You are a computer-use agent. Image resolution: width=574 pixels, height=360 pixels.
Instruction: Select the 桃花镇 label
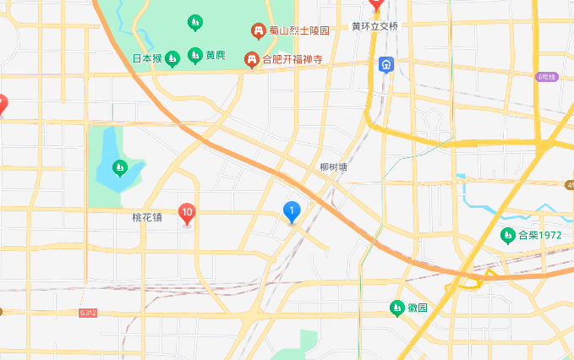click(148, 217)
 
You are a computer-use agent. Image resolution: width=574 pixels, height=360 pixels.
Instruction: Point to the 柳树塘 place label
click(334, 167)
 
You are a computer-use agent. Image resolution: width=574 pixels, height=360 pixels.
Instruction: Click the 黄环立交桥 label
click(374, 26)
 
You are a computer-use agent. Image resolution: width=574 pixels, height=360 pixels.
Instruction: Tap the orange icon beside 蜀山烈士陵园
click(259, 31)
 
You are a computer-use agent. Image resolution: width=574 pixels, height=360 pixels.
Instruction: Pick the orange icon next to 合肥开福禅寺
click(251, 59)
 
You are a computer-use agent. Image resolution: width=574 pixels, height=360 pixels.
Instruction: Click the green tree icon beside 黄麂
click(195, 56)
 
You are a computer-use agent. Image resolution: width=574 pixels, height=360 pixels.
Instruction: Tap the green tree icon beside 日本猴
click(172, 58)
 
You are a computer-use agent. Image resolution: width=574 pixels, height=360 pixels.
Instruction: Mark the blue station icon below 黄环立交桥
click(386, 65)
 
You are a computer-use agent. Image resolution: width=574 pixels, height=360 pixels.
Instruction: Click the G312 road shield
click(88, 313)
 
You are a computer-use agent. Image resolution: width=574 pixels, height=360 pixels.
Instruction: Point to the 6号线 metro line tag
click(548, 77)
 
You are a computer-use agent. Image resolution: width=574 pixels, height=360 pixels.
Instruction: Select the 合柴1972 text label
click(540, 235)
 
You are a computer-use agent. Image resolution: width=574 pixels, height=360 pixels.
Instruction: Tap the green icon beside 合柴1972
click(508, 235)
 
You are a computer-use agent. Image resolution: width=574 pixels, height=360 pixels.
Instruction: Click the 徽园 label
click(417, 308)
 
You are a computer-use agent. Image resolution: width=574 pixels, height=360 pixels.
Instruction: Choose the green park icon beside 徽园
click(396, 308)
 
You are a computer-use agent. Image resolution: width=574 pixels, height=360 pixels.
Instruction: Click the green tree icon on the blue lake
click(120, 166)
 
